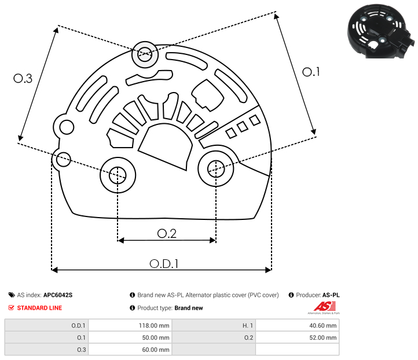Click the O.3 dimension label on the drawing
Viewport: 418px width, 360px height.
(x=23, y=78)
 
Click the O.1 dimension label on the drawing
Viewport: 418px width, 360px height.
(x=311, y=72)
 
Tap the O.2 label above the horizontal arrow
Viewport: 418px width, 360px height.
(x=167, y=234)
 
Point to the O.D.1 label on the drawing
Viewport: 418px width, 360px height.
(x=164, y=264)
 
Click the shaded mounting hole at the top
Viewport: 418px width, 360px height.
(x=145, y=54)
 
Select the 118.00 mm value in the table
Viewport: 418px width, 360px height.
(x=154, y=325)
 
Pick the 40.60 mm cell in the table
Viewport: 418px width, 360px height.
(x=323, y=325)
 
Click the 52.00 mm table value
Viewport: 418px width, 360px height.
(x=323, y=337)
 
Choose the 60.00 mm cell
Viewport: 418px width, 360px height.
(x=155, y=350)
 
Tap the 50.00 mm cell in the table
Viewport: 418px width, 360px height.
(x=155, y=337)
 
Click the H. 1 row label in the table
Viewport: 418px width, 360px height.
(x=248, y=325)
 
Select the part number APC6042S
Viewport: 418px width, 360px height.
(x=58, y=295)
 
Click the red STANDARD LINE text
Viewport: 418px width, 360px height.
(x=39, y=308)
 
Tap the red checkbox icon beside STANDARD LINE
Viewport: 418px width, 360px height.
(x=11, y=308)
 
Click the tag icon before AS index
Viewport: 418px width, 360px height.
(x=12, y=295)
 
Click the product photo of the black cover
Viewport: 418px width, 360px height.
(x=381, y=31)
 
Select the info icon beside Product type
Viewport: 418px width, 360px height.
(x=132, y=308)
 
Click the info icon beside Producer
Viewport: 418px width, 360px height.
(x=291, y=295)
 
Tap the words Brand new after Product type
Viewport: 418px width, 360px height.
(x=189, y=308)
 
